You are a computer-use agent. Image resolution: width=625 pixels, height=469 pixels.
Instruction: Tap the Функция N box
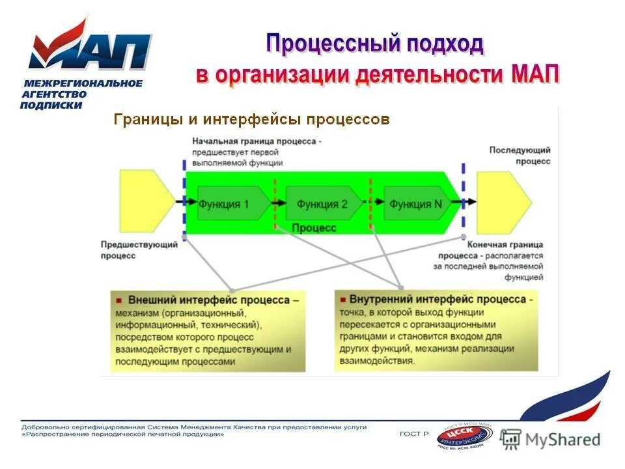coord(417,204)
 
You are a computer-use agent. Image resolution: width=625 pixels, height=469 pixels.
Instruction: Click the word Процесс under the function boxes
coord(314,228)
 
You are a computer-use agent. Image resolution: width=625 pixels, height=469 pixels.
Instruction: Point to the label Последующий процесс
coord(520,155)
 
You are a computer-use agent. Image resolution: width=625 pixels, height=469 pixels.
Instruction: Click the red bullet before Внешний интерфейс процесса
coord(119,301)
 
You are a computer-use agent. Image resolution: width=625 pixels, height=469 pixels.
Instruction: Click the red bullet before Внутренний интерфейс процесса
coord(342,300)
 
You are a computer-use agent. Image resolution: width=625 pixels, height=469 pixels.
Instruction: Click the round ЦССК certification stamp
coord(464,436)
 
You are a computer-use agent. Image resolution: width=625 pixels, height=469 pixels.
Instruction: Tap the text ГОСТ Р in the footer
coord(413,434)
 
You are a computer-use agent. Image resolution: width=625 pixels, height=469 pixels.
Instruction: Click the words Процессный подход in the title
coord(375,44)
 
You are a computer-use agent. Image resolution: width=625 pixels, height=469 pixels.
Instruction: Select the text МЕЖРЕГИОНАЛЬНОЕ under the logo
coord(83,83)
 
